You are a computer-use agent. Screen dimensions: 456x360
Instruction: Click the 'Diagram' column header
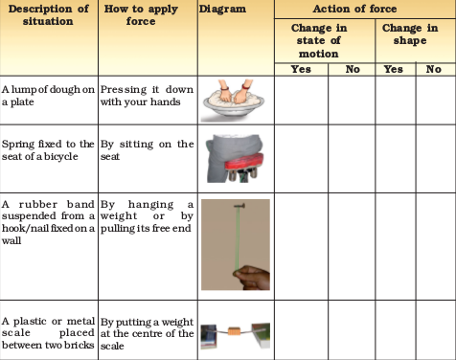tap(222, 9)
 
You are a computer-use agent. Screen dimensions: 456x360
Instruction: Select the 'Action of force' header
tap(354, 9)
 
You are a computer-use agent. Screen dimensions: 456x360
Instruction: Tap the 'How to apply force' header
tap(141, 15)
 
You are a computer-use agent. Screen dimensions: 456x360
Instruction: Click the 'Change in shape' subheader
tap(410, 34)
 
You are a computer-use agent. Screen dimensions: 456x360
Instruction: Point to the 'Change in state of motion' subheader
tap(319, 40)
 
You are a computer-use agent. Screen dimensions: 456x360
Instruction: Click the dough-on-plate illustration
tap(234, 100)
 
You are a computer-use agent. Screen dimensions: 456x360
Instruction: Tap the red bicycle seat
tap(244, 162)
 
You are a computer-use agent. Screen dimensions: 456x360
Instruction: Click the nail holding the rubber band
tap(239, 206)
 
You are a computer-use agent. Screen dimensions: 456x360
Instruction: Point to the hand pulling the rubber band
tap(253, 277)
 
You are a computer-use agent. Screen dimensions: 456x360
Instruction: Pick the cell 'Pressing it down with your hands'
tap(147, 96)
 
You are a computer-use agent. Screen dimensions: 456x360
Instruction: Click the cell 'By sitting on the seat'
tap(147, 150)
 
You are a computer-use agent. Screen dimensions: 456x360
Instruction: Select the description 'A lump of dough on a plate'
tap(48, 96)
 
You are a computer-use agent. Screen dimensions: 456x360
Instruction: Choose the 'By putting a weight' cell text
tap(147, 323)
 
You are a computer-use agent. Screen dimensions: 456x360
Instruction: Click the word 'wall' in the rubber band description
tap(11, 240)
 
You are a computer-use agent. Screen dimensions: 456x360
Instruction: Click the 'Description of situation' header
tap(48, 15)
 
